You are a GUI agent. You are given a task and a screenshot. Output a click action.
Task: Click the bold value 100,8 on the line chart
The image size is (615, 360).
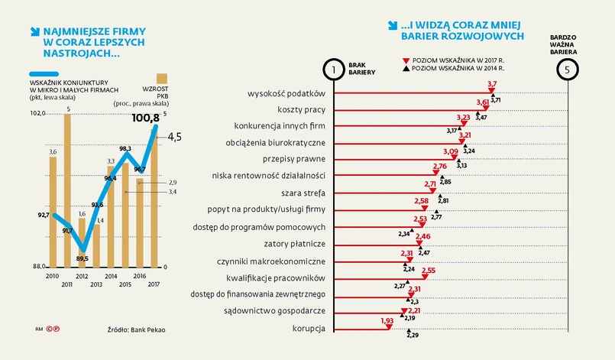(145, 118)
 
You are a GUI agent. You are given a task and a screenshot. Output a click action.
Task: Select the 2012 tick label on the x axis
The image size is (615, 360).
(81, 275)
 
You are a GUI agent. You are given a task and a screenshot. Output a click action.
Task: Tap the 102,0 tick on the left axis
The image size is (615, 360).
(37, 113)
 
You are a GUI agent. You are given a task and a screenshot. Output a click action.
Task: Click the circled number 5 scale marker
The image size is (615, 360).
(566, 70)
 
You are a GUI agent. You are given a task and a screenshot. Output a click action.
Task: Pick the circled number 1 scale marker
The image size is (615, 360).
(334, 70)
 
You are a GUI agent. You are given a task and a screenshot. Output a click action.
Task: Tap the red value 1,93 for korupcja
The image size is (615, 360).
(387, 321)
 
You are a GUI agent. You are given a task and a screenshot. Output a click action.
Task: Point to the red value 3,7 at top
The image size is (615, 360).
(492, 84)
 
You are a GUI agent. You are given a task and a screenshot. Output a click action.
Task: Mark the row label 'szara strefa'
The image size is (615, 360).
(305, 192)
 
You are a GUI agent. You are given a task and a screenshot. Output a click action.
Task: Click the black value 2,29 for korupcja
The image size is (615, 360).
(413, 335)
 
